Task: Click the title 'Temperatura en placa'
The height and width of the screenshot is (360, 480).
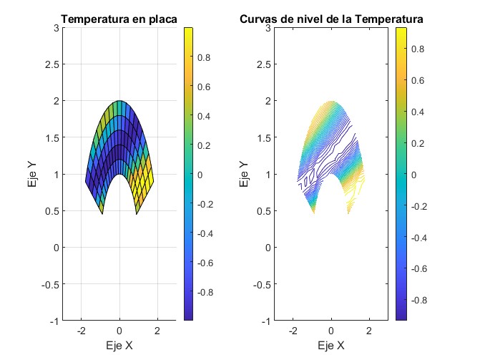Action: click(x=119, y=19)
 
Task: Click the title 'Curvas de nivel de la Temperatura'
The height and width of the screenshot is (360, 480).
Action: click(x=330, y=19)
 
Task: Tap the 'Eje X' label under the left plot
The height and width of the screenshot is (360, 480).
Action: click(x=119, y=346)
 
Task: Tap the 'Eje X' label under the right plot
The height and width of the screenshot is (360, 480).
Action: click(x=330, y=346)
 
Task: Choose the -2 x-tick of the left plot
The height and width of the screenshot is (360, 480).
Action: click(x=82, y=331)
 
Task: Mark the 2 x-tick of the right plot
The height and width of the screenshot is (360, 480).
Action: click(x=369, y=331)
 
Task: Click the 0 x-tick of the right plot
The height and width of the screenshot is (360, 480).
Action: click(x=331, y=331)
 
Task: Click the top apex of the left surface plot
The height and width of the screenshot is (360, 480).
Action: click(x=119, y=101)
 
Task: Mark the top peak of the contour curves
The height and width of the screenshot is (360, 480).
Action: click(x=330, y=101)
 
